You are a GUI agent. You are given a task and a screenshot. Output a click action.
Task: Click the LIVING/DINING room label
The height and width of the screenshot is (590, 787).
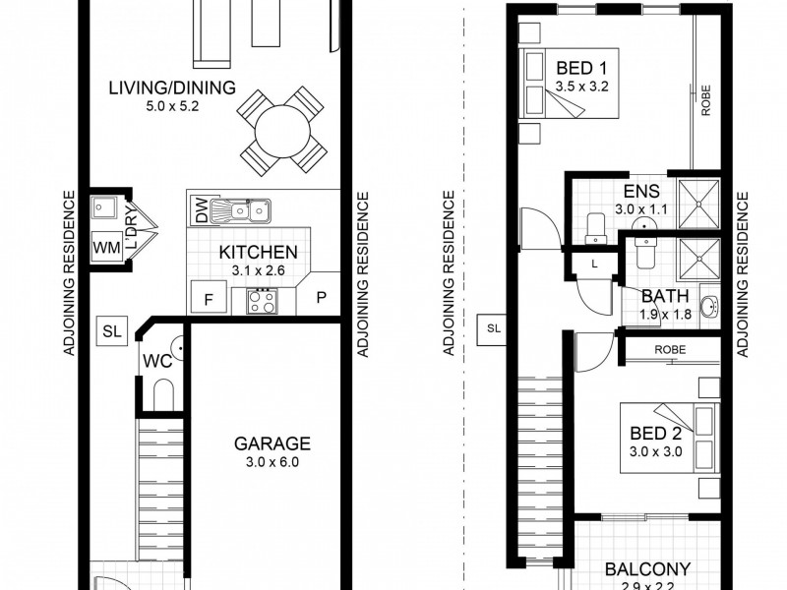pyautogui.click(x=172, y=88)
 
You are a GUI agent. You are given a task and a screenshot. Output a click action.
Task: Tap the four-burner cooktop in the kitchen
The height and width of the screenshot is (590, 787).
pyautogui.click(x=263, y=299)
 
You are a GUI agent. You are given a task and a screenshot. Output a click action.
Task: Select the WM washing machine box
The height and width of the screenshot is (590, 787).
pyautogui.click(x=106, y=249)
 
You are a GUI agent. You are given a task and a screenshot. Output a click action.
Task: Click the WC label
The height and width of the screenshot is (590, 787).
pyautogui.click(x=158, y=361)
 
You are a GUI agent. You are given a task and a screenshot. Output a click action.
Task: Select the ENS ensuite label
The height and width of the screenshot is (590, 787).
pyautogui.click(x=641, y=193)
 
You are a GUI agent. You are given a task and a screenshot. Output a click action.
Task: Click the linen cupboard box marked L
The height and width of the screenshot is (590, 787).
pyautogui.click(x=594, y=263)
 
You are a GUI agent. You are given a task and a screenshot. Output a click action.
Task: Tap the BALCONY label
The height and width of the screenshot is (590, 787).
pyautogui.click(x=647, y=568)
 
